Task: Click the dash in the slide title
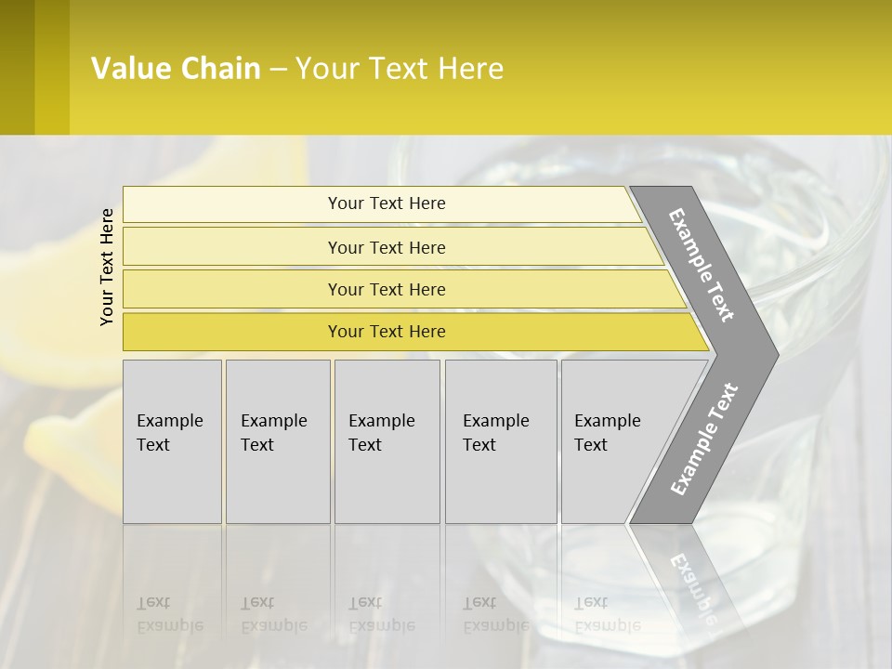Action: (x=278, y=70)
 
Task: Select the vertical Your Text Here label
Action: (x=107, y=267)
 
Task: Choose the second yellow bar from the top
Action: (x=387, y=247)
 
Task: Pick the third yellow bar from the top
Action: (x=387, y=289)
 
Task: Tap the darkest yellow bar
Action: (x=387, y=332)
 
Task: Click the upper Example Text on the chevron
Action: (x=702, y=265)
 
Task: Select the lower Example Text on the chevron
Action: (x=703, y=439)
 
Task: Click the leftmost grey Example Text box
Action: (x=172, y=441)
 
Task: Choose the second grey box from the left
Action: (x=277, y=441)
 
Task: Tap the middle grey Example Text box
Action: (x=387, y=441)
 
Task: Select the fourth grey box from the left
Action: (x=500, y=441)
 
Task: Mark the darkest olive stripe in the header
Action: (x=17, y=67)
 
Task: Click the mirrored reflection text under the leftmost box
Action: (x=169, y=614)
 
